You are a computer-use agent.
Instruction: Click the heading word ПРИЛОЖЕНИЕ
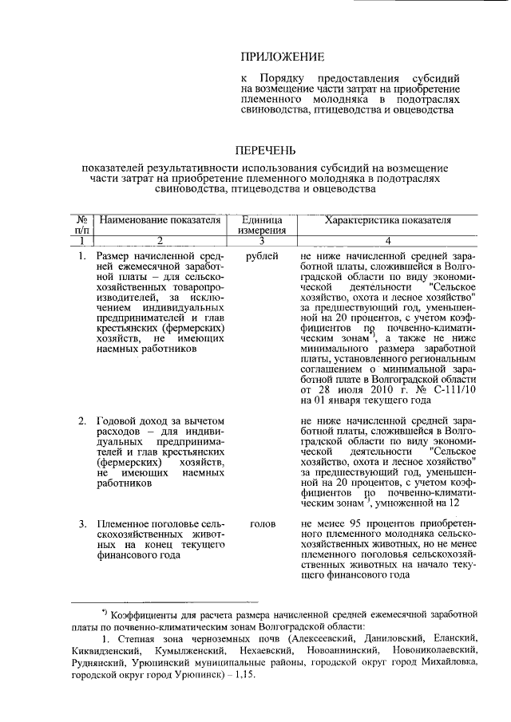[x=283, y=57]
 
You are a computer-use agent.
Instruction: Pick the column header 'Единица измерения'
[x=262, y=225]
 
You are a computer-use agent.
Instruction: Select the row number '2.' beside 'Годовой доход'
[x=83, y=419]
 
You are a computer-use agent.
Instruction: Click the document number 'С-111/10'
[x=454, y=390]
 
